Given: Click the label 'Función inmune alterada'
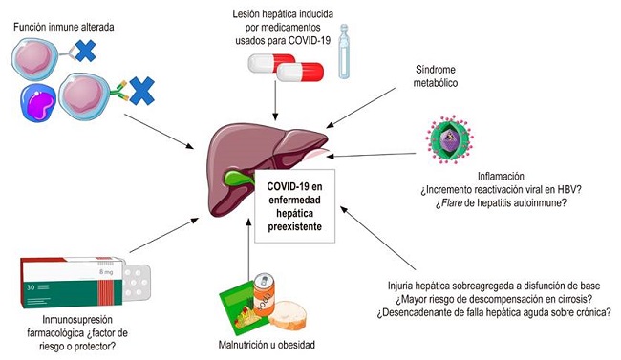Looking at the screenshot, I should [64, 28].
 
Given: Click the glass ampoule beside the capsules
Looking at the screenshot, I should [356, 53].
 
